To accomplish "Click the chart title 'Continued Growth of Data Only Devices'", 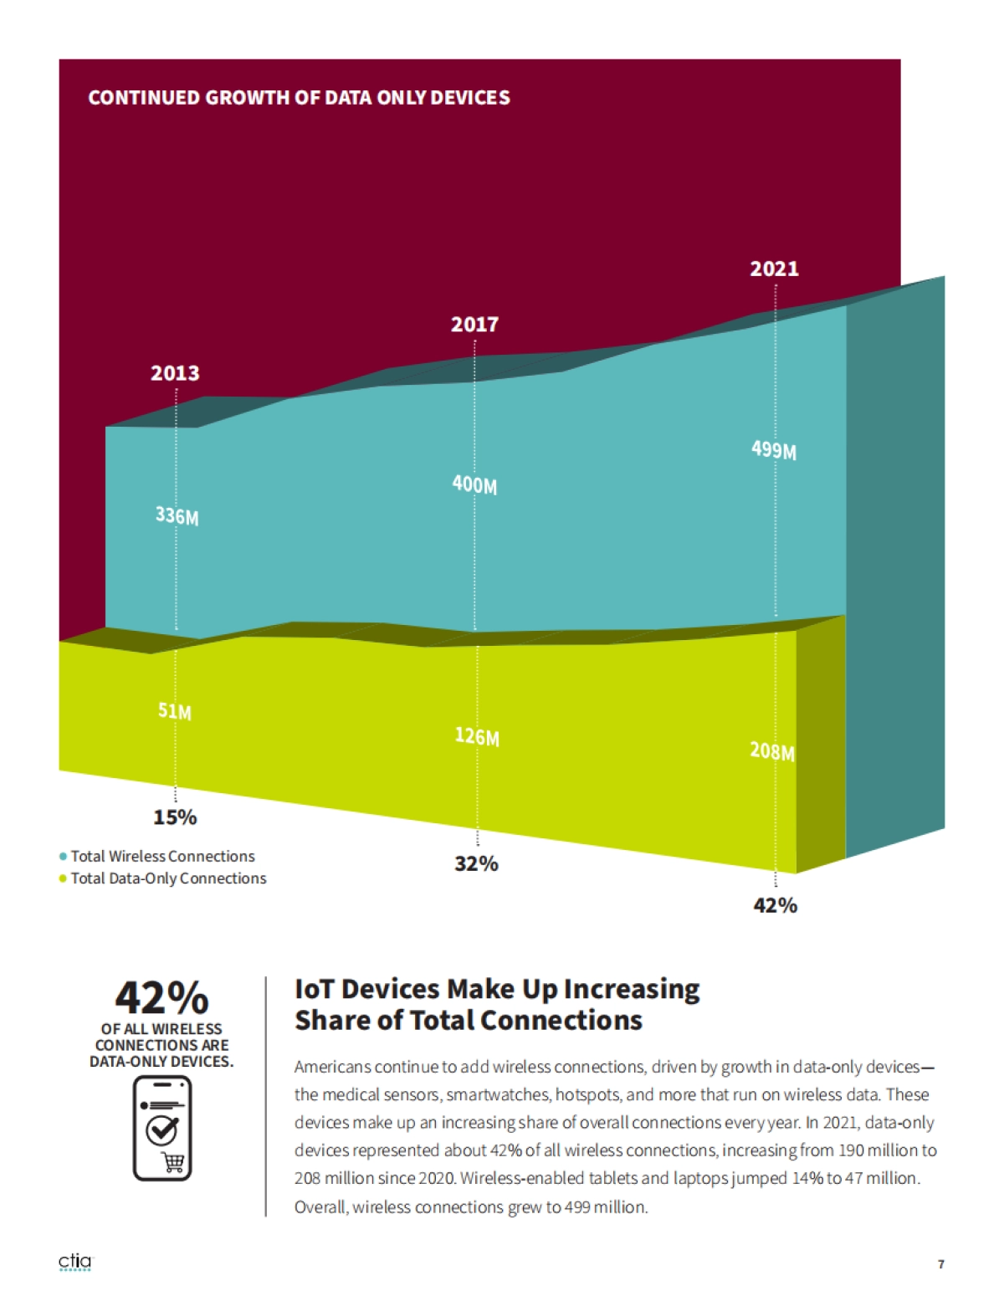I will point(299,98).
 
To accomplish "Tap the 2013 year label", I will point(175,373).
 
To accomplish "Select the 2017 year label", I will point(474,325).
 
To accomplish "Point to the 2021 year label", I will point(774,269).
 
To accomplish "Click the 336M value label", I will point(177,515).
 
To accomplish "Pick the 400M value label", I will point(474,484).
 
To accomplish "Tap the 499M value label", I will point(773,450).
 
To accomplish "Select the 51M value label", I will point(175,711).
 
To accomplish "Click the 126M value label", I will point(477,736).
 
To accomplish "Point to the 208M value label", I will point(771,750).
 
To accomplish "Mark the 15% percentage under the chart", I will point(175,817).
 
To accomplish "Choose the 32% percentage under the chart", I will point(476,863).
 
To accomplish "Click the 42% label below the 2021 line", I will point(775,905).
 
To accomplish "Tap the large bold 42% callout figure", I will point(161,997).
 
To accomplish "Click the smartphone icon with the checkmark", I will point(162,1129).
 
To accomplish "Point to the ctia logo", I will point(75,1262).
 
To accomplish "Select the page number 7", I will point(941,1264).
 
